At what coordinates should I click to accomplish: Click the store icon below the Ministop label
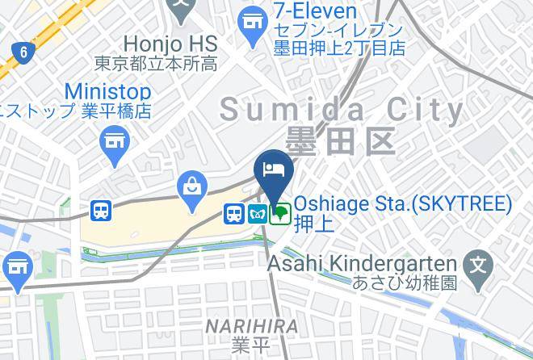point(115,142)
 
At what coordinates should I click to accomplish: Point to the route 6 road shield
point(23,53)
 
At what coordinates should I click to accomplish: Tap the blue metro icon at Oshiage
point(257,214)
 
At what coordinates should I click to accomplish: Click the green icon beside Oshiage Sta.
point(279,214)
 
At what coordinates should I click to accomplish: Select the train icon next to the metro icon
point(234,214)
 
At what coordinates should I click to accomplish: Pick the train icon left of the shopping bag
point(101,211)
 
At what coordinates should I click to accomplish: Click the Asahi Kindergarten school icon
point(479,264)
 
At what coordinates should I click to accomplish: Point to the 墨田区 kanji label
point(340,140)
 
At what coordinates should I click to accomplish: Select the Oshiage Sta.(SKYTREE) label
point(403,203)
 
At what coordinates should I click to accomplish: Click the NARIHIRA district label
point(251,326)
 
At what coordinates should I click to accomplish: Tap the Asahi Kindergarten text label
point(363,263)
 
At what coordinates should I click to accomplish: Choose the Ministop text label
point(107,91)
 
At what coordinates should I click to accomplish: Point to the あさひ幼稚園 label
point(405,283)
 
